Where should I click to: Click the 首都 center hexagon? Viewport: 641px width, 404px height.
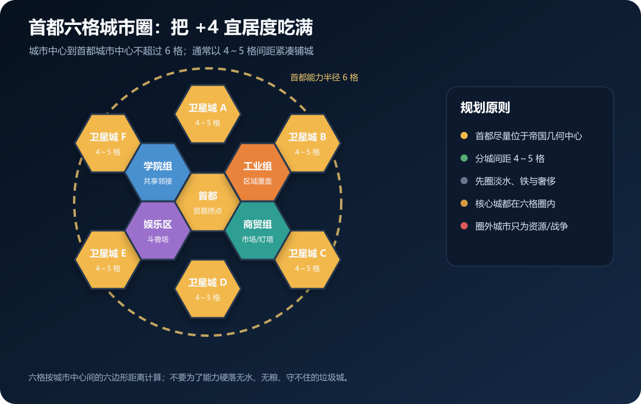click(x=208, y=202)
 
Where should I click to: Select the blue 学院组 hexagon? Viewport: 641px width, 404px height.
click(x=158, y=172)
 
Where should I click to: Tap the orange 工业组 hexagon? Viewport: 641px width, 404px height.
click(x=258, y=172)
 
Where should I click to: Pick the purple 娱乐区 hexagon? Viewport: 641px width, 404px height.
click(x=158, y=231)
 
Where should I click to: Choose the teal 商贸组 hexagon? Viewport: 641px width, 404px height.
click(x=258, y=231)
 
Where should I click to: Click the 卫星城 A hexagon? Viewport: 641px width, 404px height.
click(x=208, y=114)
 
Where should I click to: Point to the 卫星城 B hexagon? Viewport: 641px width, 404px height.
click(x=307, y=143)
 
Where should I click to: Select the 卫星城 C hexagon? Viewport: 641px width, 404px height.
click(x=307, y=260)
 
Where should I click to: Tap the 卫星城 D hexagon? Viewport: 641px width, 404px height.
click(x=208, y=289)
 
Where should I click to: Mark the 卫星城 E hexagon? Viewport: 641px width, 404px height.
click(x=108, y=260)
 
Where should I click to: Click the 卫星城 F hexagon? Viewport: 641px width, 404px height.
click(x=108, y=143)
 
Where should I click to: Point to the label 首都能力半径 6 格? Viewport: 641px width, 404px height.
click(x=324, y=77)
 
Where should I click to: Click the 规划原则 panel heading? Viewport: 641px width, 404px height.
click(x=485, y=108)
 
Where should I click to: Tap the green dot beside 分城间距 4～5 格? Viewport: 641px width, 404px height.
click(x=464, y=158)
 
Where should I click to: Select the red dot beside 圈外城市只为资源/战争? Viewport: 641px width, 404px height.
click(x=464, y=226)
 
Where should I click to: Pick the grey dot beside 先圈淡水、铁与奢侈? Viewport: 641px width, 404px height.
click(x=464, y=181)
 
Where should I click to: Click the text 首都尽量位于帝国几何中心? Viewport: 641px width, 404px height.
click(x=529, y=136)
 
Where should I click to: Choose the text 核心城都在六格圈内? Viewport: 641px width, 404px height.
click(x=515, y=203)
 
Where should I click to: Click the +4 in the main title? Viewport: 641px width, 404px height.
click(x=207, y=27)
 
